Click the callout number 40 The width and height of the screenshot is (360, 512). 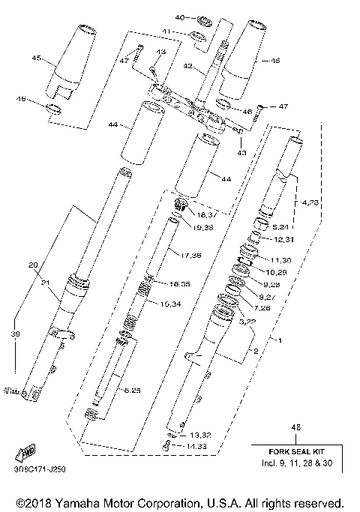coord(179,17)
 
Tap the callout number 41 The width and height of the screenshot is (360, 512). coord(168,32)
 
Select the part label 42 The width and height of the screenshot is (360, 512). coord(189,67)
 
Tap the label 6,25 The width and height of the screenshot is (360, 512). coord(132,390)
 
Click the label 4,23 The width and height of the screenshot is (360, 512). coord(310,202)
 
